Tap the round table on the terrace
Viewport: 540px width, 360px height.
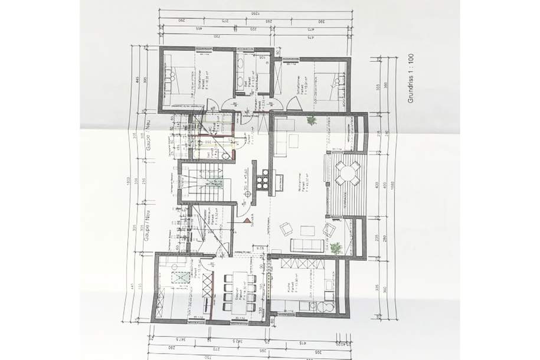pos(347,174)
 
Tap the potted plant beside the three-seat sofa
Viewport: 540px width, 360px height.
pos(335,247)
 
